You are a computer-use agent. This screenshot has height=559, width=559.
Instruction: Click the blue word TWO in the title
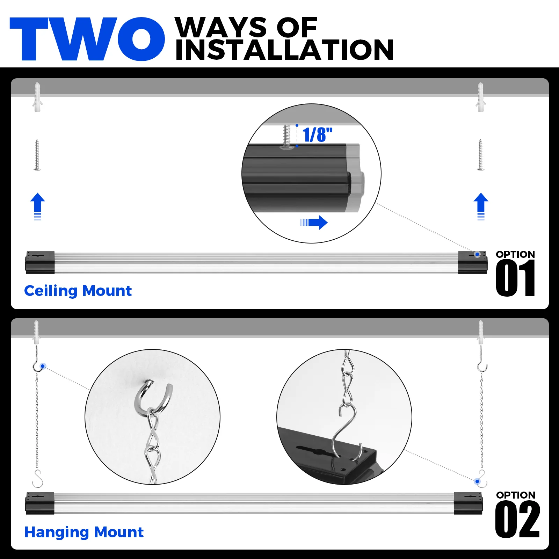coord(87,39)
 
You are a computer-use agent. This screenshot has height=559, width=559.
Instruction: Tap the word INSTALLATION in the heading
coord(284,50)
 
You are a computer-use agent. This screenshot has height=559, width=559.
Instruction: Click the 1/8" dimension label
coord(317,135)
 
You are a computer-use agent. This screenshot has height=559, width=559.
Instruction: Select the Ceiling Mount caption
coord(78,291)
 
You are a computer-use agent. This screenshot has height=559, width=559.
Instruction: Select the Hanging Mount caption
coord(84,532)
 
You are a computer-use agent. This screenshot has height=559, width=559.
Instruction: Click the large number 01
coord(515,279)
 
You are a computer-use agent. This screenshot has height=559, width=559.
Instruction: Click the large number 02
coord(517,520)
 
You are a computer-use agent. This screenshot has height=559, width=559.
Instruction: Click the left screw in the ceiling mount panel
coord(37,155)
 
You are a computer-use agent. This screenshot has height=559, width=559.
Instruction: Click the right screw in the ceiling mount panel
coord(481,155)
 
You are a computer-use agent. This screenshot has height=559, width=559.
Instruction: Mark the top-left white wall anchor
coord(37,97)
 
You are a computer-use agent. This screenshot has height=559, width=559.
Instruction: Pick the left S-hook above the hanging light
coord(37,479)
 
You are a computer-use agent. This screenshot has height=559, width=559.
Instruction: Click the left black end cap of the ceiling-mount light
coord(40,262)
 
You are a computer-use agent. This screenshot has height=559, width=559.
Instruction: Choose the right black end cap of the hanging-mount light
coord(468,503)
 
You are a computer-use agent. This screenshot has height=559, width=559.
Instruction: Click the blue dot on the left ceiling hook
coord(43,366)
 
